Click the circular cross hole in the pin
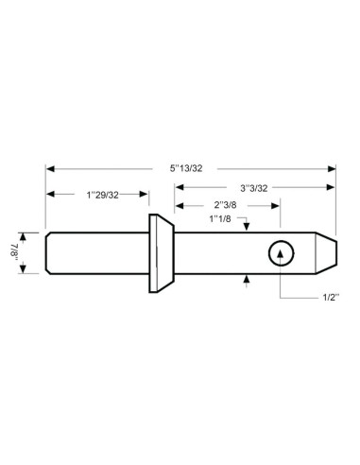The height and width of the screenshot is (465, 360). (x=282, y=252)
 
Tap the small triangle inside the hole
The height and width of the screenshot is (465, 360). (x=282, y=252)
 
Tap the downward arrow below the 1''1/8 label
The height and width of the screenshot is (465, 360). (x=246, y=227)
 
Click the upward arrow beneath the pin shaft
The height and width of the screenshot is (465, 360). (x=246, y=278)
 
